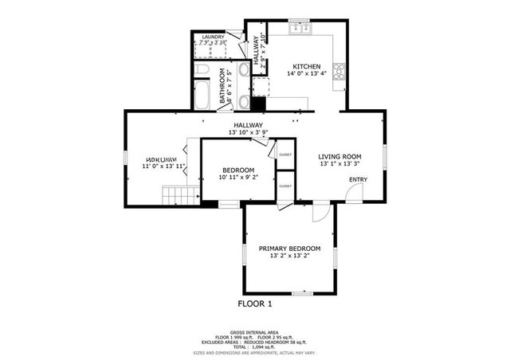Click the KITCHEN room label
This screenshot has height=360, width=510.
(x=307, y=66)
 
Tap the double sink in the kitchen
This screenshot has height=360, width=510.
(x=300, y=28)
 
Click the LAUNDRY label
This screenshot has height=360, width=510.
(x=213, y=37)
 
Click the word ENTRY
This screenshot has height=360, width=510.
(x=359, y=179)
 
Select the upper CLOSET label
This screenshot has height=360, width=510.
(x=284, y=155)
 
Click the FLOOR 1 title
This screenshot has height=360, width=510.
(x=255, y=303)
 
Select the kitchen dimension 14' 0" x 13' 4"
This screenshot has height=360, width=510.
(x=307, y=74)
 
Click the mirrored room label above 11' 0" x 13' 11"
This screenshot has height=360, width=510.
(x=159, y=158)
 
